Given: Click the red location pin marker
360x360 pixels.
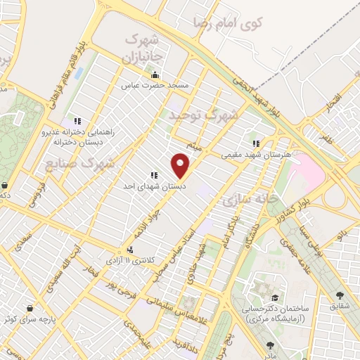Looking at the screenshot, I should click(x=181, y=165).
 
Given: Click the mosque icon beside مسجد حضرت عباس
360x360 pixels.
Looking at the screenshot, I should click(x=155, y=75).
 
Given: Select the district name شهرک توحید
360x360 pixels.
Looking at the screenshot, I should click(x=203, y=113).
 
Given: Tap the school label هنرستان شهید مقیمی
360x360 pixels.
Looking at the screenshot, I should click(x=246, y=153).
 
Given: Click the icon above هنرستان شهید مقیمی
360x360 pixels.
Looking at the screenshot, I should click(x=255, y=143).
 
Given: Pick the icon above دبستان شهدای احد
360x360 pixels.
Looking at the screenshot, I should click(x=153, y=176).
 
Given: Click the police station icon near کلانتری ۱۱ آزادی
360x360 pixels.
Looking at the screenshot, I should click(x=129, y=250).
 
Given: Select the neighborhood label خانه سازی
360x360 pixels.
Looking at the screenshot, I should click(x=246, y=200).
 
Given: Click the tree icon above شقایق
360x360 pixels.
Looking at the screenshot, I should click(x=340, y=296).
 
